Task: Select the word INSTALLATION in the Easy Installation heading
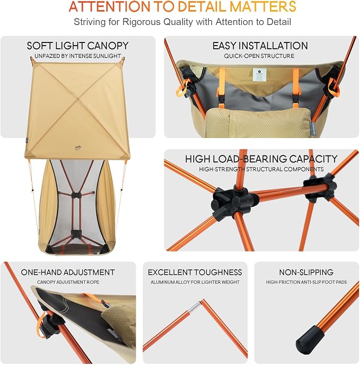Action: tap(277, 46)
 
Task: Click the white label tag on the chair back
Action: tap(258, 74)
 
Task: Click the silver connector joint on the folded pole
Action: tap(195, 307)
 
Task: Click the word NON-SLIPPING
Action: tap(306, 272)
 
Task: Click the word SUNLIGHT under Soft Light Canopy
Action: tap(107, 56)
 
